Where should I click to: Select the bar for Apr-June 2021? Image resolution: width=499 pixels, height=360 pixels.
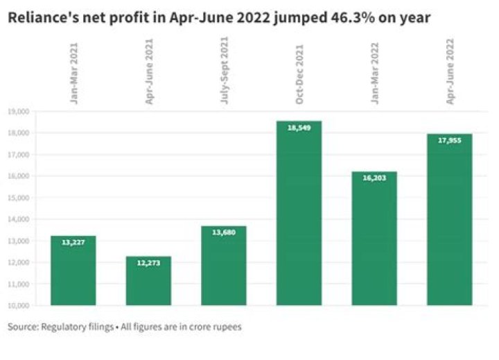click(x=148, y=281)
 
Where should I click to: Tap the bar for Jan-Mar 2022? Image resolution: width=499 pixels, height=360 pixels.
click(x=374, y=239)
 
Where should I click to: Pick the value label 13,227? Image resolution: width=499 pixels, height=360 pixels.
click(x=73, y=243)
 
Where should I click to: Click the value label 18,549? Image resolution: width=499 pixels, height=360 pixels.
click(x=299, y=129)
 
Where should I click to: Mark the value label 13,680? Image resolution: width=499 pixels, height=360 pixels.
click(x=224, y=232)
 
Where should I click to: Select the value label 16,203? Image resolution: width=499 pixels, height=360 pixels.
click(x=374, y=178)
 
